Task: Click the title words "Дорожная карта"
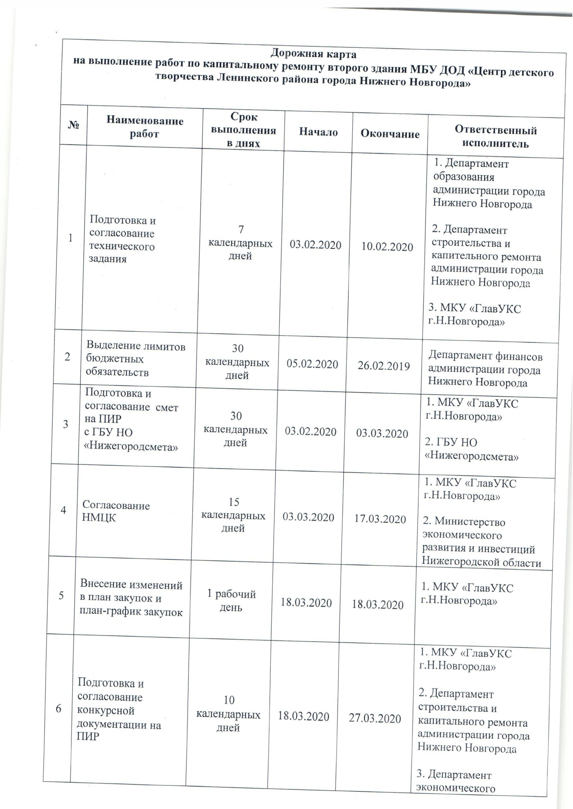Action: pos(313,54)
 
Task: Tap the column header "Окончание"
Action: pos(390,134)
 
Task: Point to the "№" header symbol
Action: pos(73,125)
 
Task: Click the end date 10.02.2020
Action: pos(387,247)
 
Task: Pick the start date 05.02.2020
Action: pos(312,364)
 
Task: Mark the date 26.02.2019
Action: pos(384,366)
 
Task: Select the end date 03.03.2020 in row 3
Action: pos(382,433)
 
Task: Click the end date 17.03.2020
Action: pos(380,519)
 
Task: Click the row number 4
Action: pos(64,510)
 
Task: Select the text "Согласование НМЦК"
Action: pos(116,511)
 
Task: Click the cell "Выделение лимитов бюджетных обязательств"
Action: pos(136,359)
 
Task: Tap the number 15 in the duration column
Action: pos(234,502)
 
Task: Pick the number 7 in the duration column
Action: pos(241,230)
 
